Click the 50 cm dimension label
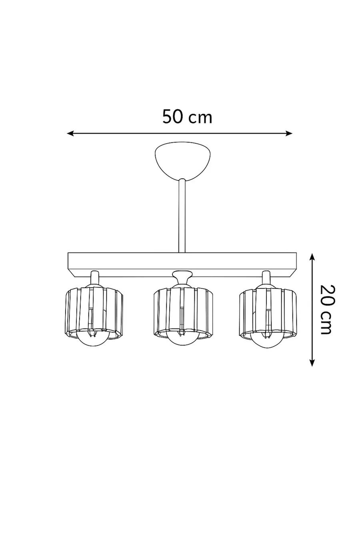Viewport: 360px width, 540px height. [187, 117]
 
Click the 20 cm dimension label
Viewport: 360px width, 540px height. [328, 310]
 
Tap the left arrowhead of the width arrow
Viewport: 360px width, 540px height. [70, 133]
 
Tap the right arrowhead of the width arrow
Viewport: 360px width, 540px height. [289, 133]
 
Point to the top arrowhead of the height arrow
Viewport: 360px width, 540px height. [312, 256]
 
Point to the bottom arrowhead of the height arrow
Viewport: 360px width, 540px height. [312, 363]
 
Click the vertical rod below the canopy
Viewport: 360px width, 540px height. [182, 216]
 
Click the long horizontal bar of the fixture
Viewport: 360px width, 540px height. [182, 265]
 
